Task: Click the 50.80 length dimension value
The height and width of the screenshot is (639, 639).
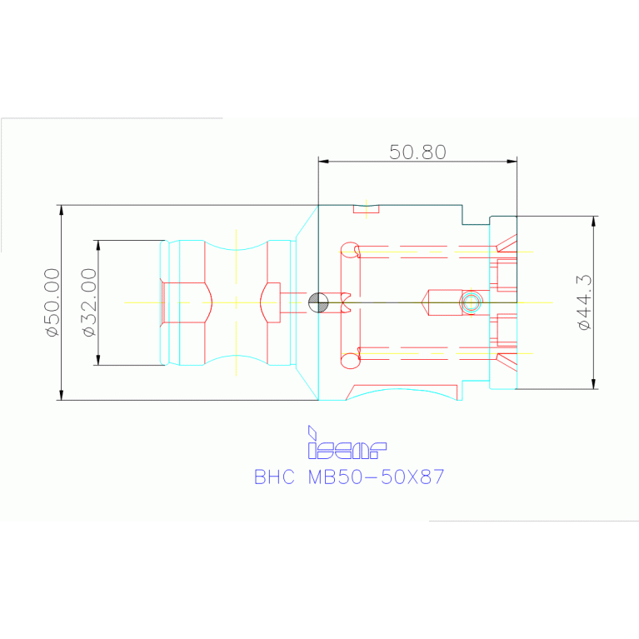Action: click(x=417, y=152)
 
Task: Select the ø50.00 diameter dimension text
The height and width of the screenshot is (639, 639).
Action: click(x=52, y=302)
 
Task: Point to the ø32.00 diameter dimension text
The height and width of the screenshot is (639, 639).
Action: click(x=90, y=302)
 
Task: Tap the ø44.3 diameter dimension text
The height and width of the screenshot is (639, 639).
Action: click(x=584, y=302)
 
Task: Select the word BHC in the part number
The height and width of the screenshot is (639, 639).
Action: click(x=275, y=477)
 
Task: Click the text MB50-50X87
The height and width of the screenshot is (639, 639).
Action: click(x=376, y=477)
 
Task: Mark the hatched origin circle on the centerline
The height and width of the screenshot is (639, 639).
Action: click(x=318, y=302)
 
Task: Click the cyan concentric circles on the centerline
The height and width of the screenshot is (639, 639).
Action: click(x=472, y=302)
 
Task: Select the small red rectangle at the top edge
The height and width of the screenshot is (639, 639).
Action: click(x=366, y=208)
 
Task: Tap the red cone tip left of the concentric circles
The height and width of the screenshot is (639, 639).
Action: click(x=427, y=302)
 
